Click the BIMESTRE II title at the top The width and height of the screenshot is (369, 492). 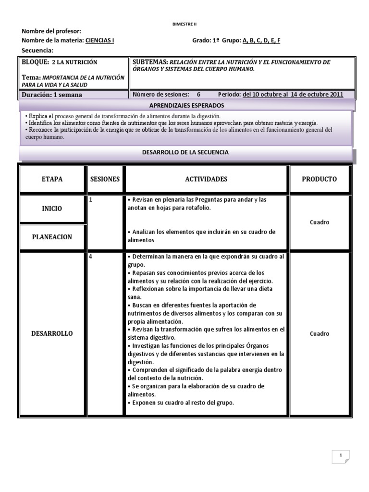(x=184, y=24)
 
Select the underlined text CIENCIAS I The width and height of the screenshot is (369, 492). (x=99, y=41)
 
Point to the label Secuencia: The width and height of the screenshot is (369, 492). (x=37, y=50)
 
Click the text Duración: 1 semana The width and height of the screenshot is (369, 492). (x=52, y=95)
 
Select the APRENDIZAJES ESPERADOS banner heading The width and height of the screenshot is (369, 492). (x=186, y=105)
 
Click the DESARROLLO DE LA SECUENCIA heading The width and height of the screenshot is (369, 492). (x=185, y=152)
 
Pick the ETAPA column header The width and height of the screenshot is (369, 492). (x=52, y=179)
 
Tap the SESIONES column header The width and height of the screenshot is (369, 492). (x=105, y=179)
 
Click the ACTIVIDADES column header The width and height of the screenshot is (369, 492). (x=206, y=179)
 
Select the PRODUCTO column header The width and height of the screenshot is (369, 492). (x=319, y=179)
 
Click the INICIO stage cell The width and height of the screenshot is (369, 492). (x=52, y=209)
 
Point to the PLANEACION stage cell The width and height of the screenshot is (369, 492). (x=52, y=237)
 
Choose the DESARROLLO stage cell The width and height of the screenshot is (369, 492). (x=52, y=333)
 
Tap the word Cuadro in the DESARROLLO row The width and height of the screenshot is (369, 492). (x=320, y=333)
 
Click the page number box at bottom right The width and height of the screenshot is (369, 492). (x=340, y=455)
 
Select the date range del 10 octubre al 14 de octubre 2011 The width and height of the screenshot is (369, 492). (x=293, y=94)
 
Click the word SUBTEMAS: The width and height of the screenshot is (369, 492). (x=149, y=62)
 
